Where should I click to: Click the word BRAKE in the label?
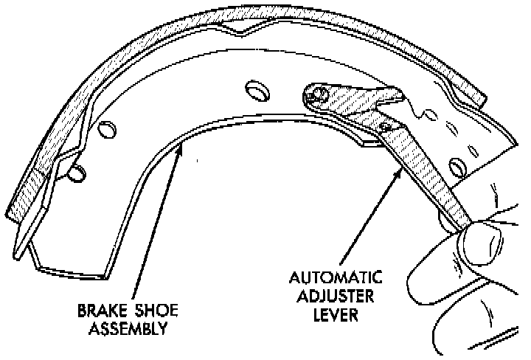(99, 311)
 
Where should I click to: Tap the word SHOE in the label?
(147, 311)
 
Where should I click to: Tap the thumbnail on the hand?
(484, 240)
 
